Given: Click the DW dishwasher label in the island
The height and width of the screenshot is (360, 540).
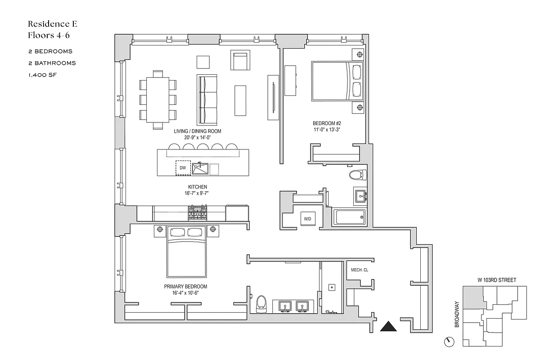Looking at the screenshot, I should click(183, 168).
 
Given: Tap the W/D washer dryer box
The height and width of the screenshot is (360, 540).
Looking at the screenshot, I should click(307, 219).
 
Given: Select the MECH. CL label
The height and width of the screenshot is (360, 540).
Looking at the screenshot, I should click(359, 270).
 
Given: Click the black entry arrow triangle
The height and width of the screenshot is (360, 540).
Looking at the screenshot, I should click(389, 326).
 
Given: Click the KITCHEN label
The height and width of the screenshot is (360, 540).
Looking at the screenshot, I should click(198, 187).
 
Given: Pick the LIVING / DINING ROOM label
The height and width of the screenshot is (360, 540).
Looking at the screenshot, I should click(198, 131).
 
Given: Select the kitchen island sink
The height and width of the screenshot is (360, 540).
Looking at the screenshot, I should click(200, 169).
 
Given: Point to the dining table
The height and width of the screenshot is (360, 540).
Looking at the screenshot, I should click(157, 99).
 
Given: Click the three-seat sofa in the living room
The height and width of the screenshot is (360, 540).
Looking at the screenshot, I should click(207, 100).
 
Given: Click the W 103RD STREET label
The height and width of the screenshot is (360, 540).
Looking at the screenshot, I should click(496, 280).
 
